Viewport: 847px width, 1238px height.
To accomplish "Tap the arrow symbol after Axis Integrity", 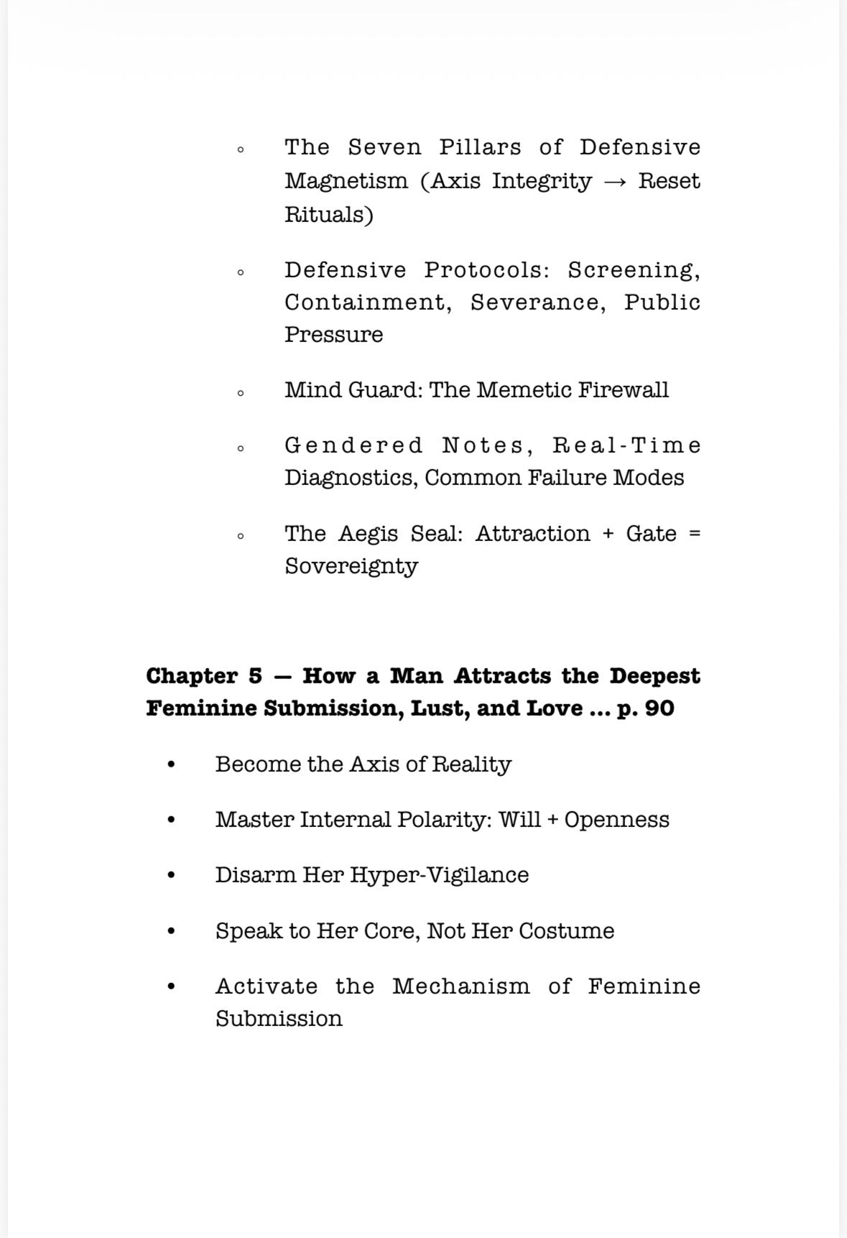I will click(615, 181).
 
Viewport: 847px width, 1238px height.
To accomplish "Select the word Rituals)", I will click(328, 214).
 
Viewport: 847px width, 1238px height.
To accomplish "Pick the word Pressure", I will click(333, 335).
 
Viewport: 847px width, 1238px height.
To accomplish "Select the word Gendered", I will click(353, 445).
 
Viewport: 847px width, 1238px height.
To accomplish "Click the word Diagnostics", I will click(351, 478).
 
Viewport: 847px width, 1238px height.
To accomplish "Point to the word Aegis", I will click(367, 534).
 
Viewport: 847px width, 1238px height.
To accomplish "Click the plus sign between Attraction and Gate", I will click(608, 534).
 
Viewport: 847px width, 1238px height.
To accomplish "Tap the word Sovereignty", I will click(351, 566).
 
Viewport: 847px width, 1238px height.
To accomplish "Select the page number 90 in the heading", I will click(659, 708).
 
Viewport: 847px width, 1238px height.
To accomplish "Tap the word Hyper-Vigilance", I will click(439, 875).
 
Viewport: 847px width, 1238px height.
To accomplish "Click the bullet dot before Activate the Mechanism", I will click(170, 987).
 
